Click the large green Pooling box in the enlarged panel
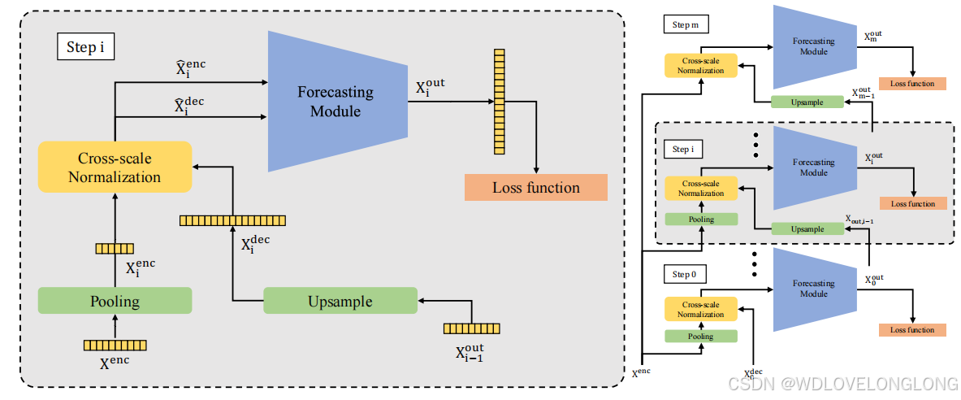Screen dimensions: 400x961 coord(115,301)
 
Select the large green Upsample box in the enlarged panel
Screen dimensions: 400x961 coord(340,301)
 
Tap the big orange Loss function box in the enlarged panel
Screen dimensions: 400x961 coord(535,187)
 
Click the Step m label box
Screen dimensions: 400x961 coord(685,25)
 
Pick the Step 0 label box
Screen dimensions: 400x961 coord(684,274)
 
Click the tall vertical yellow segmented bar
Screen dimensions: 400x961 coord(497,102)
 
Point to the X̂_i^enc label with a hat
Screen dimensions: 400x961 coord(190,68)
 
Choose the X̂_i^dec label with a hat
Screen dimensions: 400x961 coord(190,105)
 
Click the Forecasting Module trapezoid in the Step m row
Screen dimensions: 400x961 coord(813,46)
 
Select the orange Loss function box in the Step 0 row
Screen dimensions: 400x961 coord(912,329)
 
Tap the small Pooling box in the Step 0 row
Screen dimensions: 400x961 coord(700,336)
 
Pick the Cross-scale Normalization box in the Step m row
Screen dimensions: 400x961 coord(700,66)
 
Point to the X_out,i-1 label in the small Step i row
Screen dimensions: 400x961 coord(859,220)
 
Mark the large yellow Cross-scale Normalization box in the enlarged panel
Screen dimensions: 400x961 coord(115,167)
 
